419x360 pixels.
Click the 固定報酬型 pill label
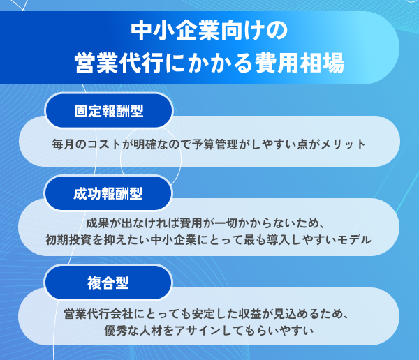point(109,111)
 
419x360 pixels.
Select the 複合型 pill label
point(108,283)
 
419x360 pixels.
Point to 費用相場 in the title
point(300,63)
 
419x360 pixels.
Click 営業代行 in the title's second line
point(119,63)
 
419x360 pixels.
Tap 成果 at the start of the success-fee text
point(97,223)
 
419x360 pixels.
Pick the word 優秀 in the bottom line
point(116,331)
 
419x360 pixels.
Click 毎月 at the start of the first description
point(63,144)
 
